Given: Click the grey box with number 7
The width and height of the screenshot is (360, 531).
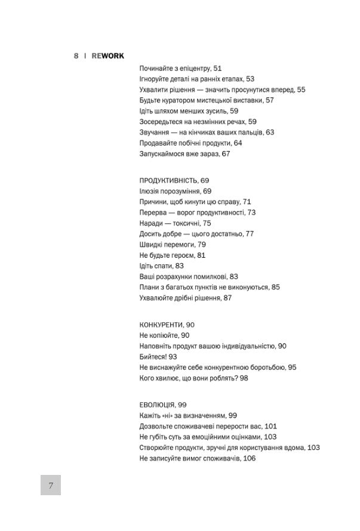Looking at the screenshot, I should (51, 485).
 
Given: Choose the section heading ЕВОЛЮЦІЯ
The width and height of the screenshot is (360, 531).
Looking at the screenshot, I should (159, 405).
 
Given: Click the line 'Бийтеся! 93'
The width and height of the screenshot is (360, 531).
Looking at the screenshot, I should (159, 356).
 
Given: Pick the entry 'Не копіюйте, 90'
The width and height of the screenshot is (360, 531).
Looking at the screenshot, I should (164, 335).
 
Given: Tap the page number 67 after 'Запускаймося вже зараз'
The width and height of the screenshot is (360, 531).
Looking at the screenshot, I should (226, 153).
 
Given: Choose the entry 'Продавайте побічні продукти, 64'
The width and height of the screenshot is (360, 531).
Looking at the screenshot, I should (190, 143).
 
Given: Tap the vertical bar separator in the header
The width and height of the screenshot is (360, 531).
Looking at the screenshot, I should (85, 55).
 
